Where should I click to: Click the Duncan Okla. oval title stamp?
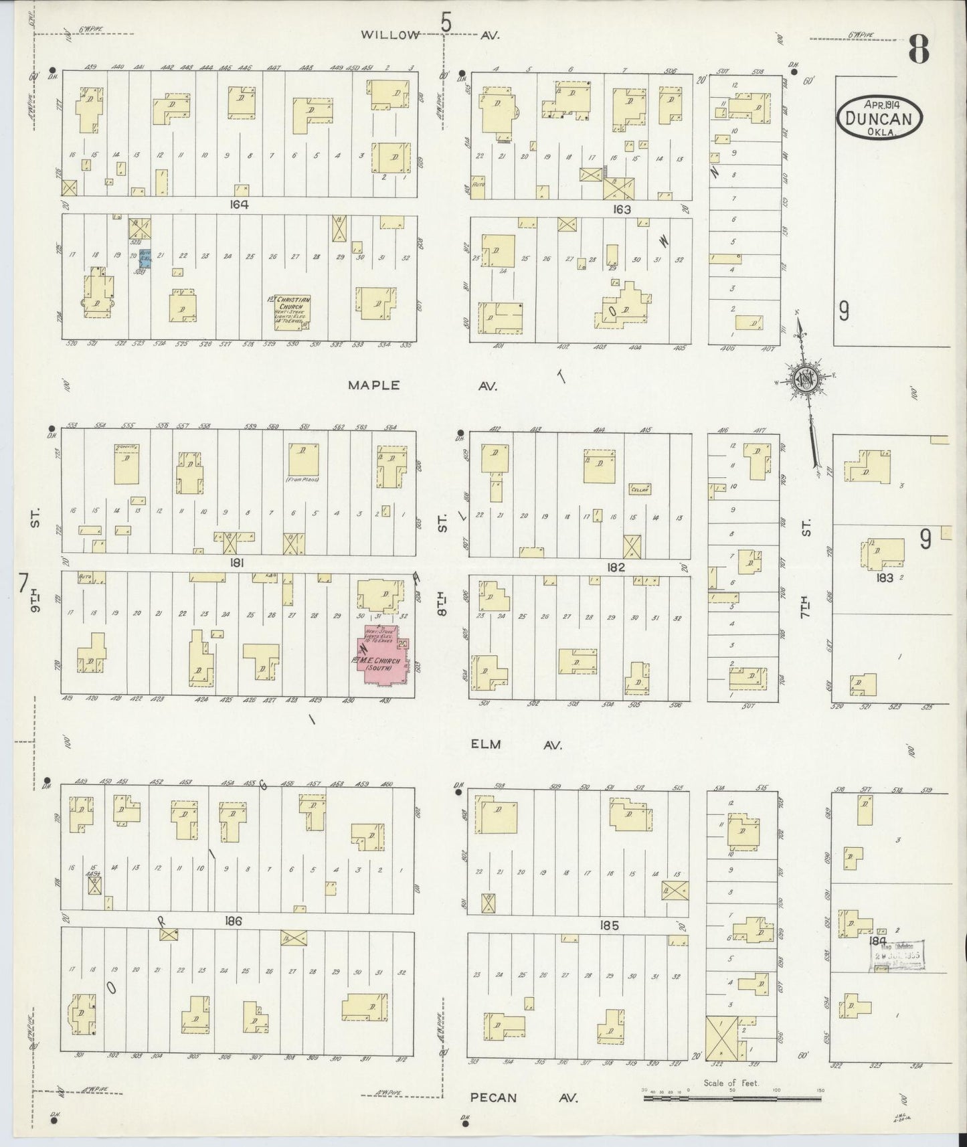(x=879, y=118)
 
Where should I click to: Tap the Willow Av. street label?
(x=390, y=35)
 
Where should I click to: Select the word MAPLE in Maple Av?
(x=373, y=385)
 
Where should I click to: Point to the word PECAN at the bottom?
(x=493, y=1097)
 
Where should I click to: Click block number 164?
(x=238, y=205)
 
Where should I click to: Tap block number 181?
(x=236, y=563)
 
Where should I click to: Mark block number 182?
(x=616, y=567)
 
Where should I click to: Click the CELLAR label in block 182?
(x=640, y=489)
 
